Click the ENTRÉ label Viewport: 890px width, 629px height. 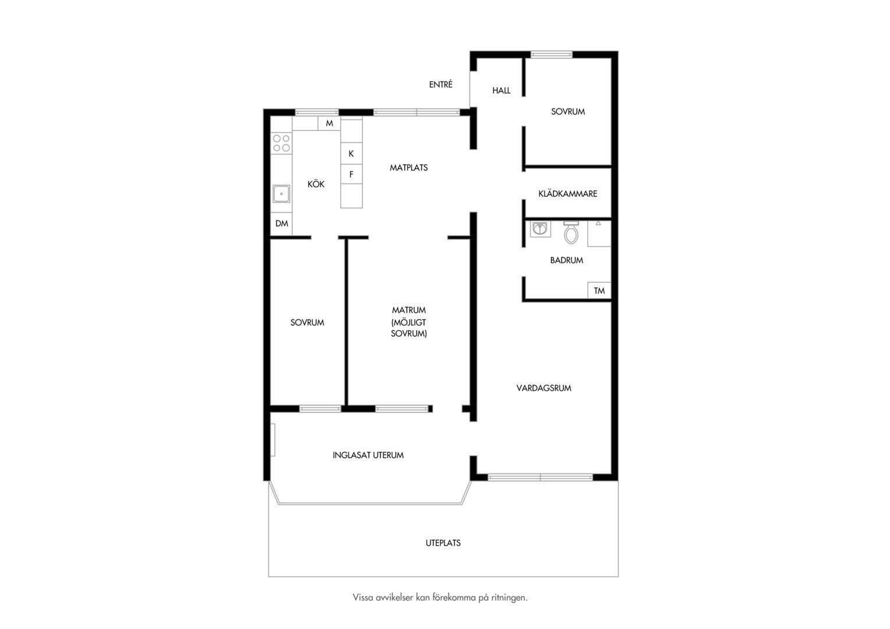pyautogui.click(x=440, y=84)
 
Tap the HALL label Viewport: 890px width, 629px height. pyautogui.click(x=501, y=91)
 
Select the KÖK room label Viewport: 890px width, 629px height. pyautogui.click(x=316, y=184)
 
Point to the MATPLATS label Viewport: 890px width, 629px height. pyautogui.click(x=408, y=168)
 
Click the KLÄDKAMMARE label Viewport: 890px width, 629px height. pyautogui.click(x=568, y=193)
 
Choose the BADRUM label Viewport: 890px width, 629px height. pyautogui.click(x=567, y=260)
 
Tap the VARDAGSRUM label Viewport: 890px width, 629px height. pyautogui.click(x=543, y=388)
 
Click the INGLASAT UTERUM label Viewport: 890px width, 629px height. pyautogui.click(x=368, y=455)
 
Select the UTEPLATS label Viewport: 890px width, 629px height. pyautogui.click(x=443, y=543)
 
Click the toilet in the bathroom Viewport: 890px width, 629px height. pyautogui.click(x=571, y=233)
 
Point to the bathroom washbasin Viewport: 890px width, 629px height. pyautogui.click(x=541, y=229)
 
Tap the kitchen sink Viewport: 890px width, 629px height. pyautogui.click(x=281, y=194)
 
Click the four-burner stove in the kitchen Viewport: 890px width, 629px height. pyautogui.click(x=281, y=143)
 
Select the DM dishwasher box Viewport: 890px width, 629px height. pyautogui.click(x=282, y=224)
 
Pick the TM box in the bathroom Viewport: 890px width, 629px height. pyautogui.click(x=599, y=291)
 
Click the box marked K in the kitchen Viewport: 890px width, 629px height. pyautogui.click(x=351, y=153)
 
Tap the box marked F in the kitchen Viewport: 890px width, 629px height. pyautogui.click(x=351, y=174)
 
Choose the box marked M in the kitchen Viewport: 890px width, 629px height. pyautogui.click(x=329, y=123)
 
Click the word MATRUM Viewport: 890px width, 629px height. pyautogui.click(x=409, y=310)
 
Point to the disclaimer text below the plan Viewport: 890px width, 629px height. pyautogui.click(x=440, y=598)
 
